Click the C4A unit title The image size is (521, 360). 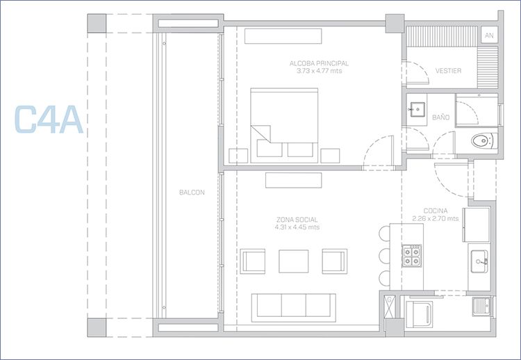49,120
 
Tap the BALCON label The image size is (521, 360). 192,192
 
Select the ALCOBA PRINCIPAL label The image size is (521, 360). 319,63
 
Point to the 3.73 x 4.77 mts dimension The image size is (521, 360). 319,71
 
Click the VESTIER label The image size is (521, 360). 448,71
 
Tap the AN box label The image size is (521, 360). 489,35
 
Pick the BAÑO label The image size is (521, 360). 440,117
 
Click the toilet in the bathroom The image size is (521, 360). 484,140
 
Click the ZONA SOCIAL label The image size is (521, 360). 297,220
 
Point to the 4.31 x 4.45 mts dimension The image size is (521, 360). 297,227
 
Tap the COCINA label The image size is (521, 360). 436,211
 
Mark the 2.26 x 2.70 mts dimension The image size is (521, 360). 436,218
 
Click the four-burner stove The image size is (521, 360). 412,256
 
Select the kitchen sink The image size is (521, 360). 479,261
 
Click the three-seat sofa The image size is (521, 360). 293,307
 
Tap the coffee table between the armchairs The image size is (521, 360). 293,261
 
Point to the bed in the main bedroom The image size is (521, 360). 284,125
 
